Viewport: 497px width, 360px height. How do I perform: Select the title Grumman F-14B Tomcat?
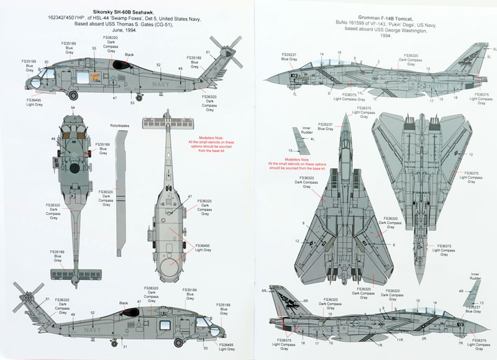tap(367, 14)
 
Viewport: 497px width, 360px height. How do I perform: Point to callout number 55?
tap(94, 48)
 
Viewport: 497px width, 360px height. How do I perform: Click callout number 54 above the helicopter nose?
tap(73, 109)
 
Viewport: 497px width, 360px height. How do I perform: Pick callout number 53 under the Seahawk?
tap(132, 103)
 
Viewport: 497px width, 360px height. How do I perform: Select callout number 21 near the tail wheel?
tap(124, 346)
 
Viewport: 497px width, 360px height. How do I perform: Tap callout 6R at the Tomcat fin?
tap(265, 290)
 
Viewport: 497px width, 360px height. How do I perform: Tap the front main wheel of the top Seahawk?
tap(74, 95)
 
